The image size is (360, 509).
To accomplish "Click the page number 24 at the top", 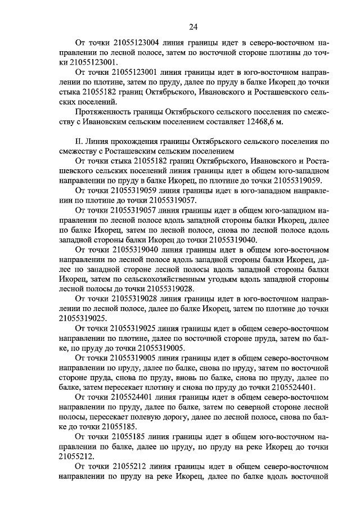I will (192, 26).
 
